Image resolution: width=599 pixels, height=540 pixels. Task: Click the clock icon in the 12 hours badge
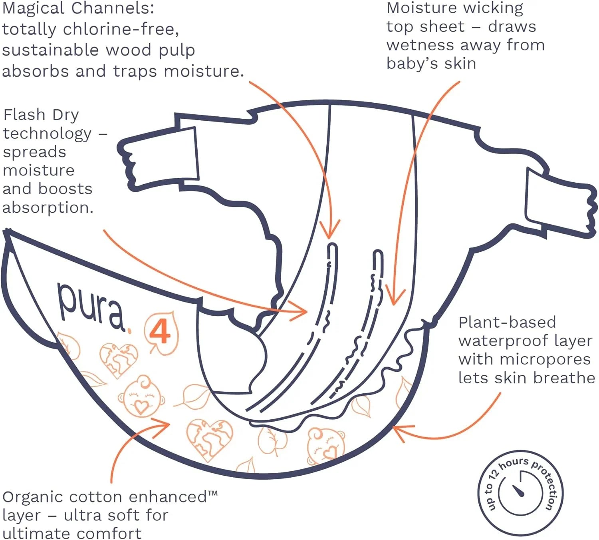coord(520,493)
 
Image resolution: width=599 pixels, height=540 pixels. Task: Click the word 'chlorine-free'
coord(121,29)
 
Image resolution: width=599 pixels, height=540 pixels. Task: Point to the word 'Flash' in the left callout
coord(25,115)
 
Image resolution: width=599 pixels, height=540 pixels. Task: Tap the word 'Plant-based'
coord(507,322)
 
